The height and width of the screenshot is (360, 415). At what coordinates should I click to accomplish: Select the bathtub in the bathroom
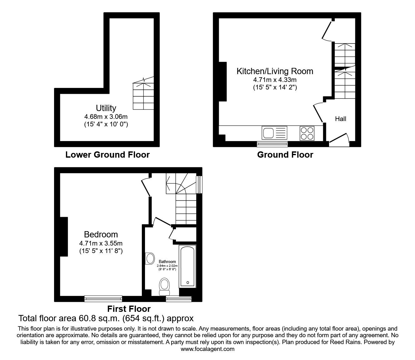[x=187, y=266]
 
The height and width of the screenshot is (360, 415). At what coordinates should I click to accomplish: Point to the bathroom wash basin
[x=150, y=258]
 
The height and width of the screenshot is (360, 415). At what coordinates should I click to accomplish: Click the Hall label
[x=341, y=119]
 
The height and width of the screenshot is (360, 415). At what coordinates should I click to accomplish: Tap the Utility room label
[x=106, y=108]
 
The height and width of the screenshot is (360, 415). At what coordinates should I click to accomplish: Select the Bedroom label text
[x=101, y=234]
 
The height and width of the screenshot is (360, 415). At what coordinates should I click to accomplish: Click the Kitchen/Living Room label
[x=275, y=71]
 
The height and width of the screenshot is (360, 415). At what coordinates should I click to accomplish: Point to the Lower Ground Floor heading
[x=107, y=155]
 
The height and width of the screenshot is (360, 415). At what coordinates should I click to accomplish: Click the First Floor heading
[x=129, y=309]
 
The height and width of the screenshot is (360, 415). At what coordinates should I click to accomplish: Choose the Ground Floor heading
[x=285, y=155]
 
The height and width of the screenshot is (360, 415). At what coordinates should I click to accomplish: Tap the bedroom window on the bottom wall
[x=103, y=299]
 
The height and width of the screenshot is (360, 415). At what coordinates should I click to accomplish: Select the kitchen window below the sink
[x=272, y=144]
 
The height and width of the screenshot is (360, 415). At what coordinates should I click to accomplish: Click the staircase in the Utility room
[x=143, y=95]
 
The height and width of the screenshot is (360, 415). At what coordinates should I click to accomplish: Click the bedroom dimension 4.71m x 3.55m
[x=101, y=243]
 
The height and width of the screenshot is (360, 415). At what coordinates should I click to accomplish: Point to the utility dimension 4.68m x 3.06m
[x=106, y=117]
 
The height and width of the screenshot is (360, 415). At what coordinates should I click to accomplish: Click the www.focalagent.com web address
[x=207, y=349]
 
